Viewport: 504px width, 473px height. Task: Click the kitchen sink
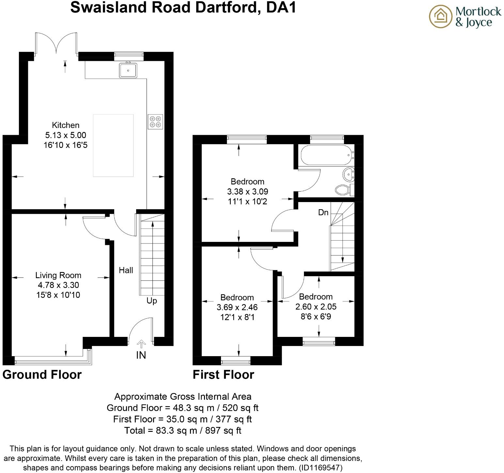[x=128, y=70]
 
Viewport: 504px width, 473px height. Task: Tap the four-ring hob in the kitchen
[x=155, y=121]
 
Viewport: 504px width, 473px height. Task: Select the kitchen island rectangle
[x=113, y=145]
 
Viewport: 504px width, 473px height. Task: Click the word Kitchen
[x=66, y=125]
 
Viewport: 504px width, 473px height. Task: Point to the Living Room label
[x=58, y=275]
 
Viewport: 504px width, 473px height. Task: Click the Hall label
[x=126, y=270]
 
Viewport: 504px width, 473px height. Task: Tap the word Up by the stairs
[x=151, y=301]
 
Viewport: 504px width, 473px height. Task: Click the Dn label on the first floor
[x=323, y=213]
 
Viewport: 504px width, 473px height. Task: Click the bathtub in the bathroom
[x=326, y=156]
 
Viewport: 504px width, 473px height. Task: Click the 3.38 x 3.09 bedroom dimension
[x=247, y=192]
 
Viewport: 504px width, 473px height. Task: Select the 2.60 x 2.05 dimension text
[x=316, y=307]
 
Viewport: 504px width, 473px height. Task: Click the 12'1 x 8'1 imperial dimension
[x=237, y=317]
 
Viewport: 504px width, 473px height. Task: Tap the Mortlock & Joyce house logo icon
[x=440, y=17]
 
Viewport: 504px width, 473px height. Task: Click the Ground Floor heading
[x=42, y=374]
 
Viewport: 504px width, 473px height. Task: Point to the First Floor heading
[x=223, y=374]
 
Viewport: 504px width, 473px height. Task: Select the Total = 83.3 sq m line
[x=182, y=431]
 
